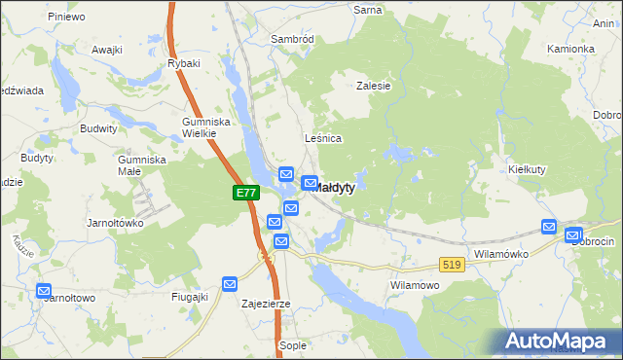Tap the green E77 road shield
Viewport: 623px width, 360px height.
tap(246, 194)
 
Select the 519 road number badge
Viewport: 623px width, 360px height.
tap(451, 264)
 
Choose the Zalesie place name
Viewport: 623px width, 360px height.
tap(373, 86)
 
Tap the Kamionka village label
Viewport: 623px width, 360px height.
tap(570, 49)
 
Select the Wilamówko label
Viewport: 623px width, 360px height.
tap(500, 253)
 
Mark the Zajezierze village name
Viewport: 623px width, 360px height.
tap(266, 304)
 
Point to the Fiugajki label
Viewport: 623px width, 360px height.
tap(190, 297)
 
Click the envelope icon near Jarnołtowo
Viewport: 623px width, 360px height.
tap(44, 290)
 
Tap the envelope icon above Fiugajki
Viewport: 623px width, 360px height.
tap(230, 283)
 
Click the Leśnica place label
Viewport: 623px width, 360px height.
tap(323, 138)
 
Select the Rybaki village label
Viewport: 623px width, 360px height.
tap(183, 63)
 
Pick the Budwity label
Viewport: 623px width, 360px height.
tap(99, 127)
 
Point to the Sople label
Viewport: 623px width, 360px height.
tap(292, 345)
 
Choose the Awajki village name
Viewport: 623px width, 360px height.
tap(106, 49)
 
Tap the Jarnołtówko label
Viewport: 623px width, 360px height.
tap(116, 222)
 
